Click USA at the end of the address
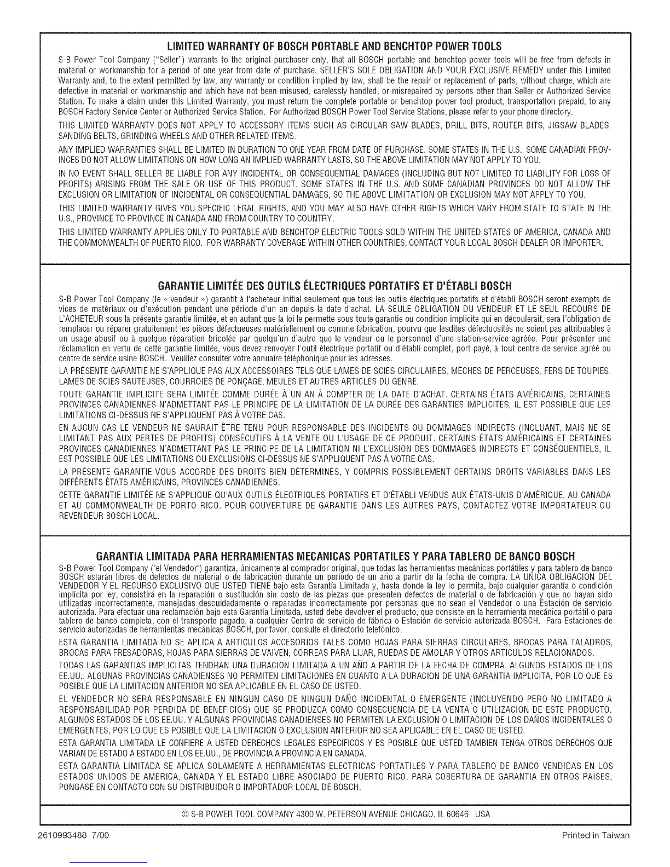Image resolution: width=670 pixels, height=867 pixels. click(x=483, y=814)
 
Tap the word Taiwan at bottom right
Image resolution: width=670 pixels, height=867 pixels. click(x=617, y=836)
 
